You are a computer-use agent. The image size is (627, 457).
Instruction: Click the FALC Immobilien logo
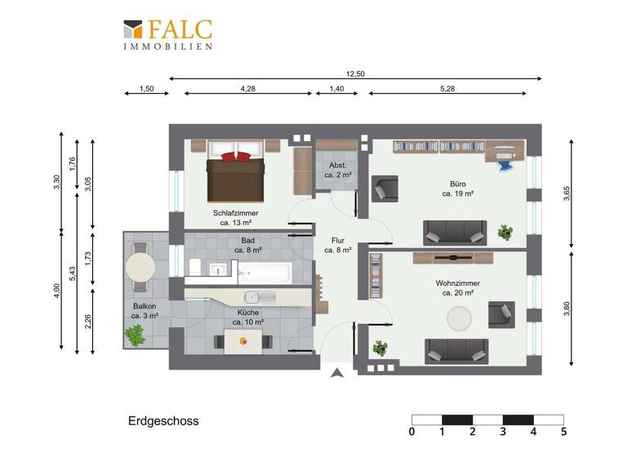(168, 35)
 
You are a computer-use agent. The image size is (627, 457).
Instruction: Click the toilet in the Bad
(195, 268)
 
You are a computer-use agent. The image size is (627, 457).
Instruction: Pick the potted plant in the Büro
(506, 233)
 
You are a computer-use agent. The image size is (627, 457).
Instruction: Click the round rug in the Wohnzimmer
(458, 317)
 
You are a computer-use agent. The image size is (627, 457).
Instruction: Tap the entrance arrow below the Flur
(336, 375)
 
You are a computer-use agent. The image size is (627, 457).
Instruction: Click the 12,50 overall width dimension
(355, 74)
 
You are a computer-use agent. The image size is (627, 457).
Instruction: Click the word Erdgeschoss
(163, 422)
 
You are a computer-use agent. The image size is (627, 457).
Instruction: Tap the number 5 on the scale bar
(563, 432)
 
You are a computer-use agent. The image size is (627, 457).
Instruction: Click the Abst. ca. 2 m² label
(336, 169)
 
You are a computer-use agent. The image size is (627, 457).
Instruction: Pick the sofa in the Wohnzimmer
(456, 351)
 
